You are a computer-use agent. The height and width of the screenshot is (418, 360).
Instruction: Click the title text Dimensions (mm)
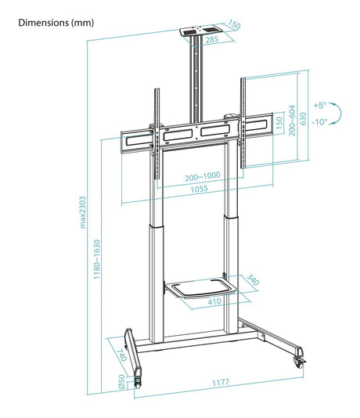click(x=55, y=23)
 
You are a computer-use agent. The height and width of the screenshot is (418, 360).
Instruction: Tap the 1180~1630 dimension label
click(x=96, y=259)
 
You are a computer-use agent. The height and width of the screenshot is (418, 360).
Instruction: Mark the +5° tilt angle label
click(x=319, y=105)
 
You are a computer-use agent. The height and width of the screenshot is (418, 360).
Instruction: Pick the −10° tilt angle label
click(x=319, y=122)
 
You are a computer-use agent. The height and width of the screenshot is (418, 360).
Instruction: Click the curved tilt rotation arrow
click(x=336, y=114)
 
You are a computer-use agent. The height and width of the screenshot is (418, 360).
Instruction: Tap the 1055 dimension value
click(x=200, y=189)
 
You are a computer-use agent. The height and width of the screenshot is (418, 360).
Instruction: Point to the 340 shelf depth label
click(x=252, y=279)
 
